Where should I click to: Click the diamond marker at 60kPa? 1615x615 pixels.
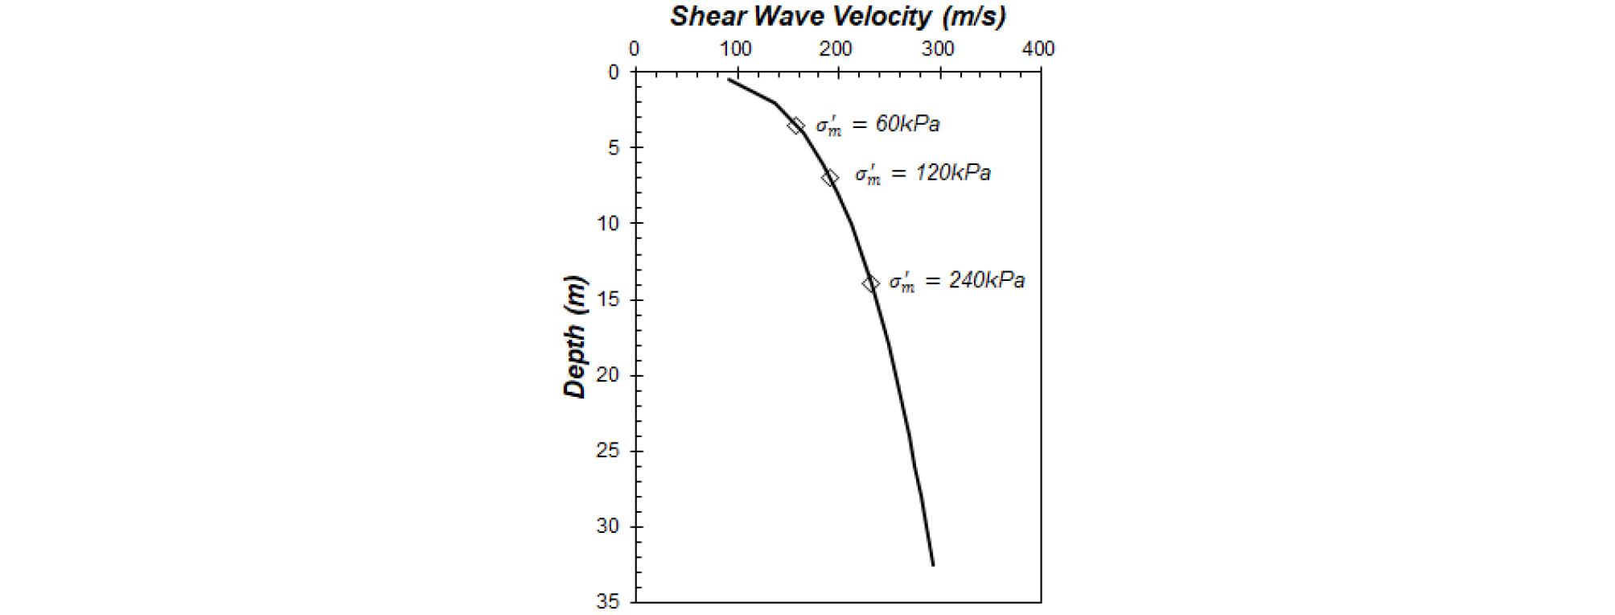pos(795,126)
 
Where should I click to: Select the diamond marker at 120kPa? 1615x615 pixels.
pos(830,178)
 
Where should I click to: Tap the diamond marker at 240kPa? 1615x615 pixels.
pos(871,283)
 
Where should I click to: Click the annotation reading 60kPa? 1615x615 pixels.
pos(877,125)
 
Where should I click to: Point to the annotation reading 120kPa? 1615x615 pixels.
pos(923,174)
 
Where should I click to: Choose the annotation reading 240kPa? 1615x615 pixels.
pos(956,281)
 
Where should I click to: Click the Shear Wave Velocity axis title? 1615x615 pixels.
pos(838,16)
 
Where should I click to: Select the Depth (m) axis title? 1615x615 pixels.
pos(575,336)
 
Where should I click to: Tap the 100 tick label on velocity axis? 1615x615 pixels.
pos(735,49)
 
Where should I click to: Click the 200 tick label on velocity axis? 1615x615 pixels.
pos(836,49)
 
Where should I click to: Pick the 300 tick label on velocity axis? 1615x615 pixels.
pos(938,49)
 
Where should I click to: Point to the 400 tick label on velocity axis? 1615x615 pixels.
pos(1038,49)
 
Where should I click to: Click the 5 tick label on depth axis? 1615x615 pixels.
pos(614,148)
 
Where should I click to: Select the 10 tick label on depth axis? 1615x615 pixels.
pos(609,224)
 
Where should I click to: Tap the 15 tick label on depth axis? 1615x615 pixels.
pos(609,299)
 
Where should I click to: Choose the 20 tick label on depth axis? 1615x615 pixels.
pos(609,375)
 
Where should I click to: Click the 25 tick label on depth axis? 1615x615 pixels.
pos(609,451)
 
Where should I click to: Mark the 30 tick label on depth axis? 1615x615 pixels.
pos(609,526)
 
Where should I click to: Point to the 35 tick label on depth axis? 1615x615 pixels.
pos(609,601)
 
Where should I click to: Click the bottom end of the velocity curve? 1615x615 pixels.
pos(933,565)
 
